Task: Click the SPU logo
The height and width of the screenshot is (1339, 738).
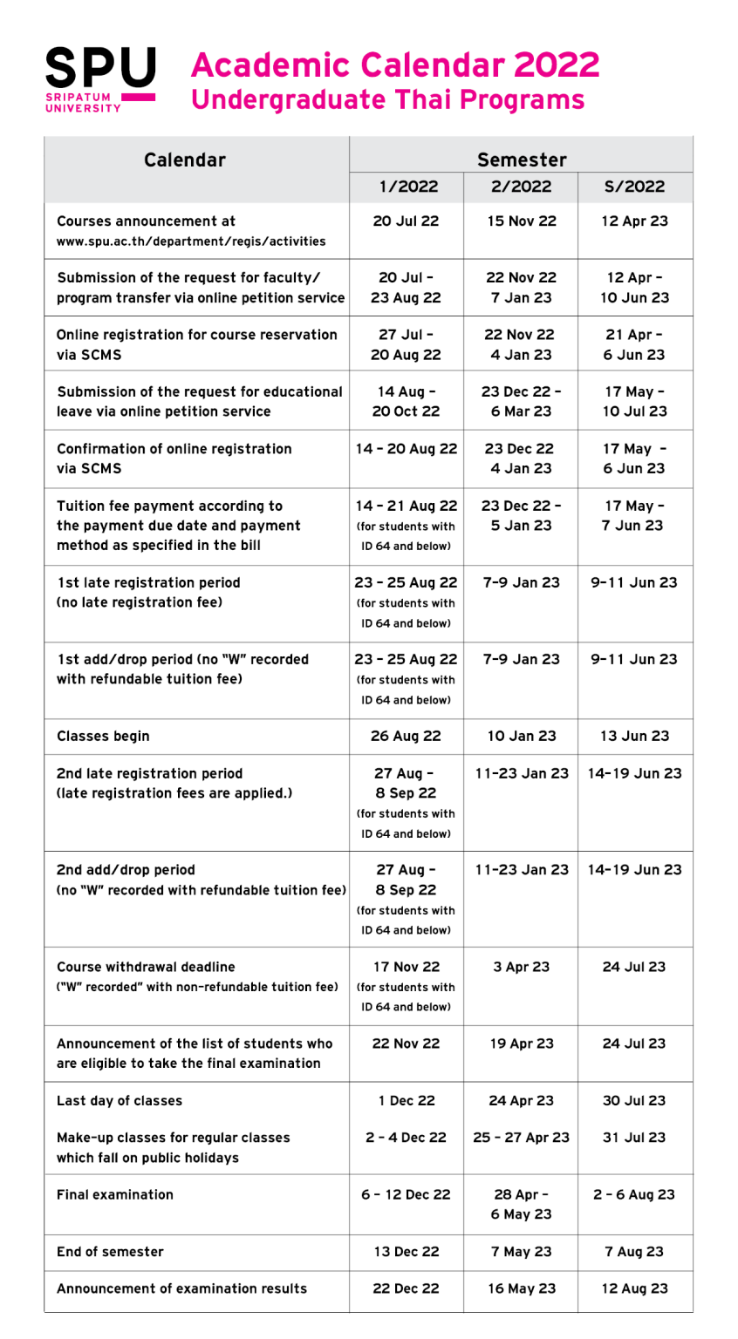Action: (100, 79)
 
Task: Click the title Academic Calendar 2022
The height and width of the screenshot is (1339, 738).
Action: (395, 65)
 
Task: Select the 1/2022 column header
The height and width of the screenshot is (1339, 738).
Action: (406, 187)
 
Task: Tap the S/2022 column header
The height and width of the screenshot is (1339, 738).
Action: (634, 187)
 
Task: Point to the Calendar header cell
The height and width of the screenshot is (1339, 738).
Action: (185, 160)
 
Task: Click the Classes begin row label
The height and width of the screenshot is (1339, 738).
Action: (103, 737)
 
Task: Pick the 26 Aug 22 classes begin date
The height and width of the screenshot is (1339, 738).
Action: (406, 737)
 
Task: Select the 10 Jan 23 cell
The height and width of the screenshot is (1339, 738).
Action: (521, 737)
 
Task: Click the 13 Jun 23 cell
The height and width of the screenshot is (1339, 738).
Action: (634, 737)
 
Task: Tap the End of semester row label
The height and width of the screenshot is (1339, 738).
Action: (110, 1252)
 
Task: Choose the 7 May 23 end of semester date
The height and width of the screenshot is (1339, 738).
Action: (521, 1252)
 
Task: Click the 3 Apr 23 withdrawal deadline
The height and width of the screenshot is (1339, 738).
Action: (521, 967)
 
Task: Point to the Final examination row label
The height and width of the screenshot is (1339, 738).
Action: (115, 1195)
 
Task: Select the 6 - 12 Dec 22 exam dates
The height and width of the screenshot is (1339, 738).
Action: (406, 1195)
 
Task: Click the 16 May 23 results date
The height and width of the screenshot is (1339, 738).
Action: (521, 1288)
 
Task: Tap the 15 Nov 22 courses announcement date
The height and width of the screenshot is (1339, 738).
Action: (521, 221)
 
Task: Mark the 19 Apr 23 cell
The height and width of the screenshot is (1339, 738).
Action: (521, 1043)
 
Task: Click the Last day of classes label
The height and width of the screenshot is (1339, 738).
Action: (120, 1101)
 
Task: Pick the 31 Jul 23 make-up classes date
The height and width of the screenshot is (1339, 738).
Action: (634, 1138)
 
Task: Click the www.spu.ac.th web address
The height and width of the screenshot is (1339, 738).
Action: (191, 241)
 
